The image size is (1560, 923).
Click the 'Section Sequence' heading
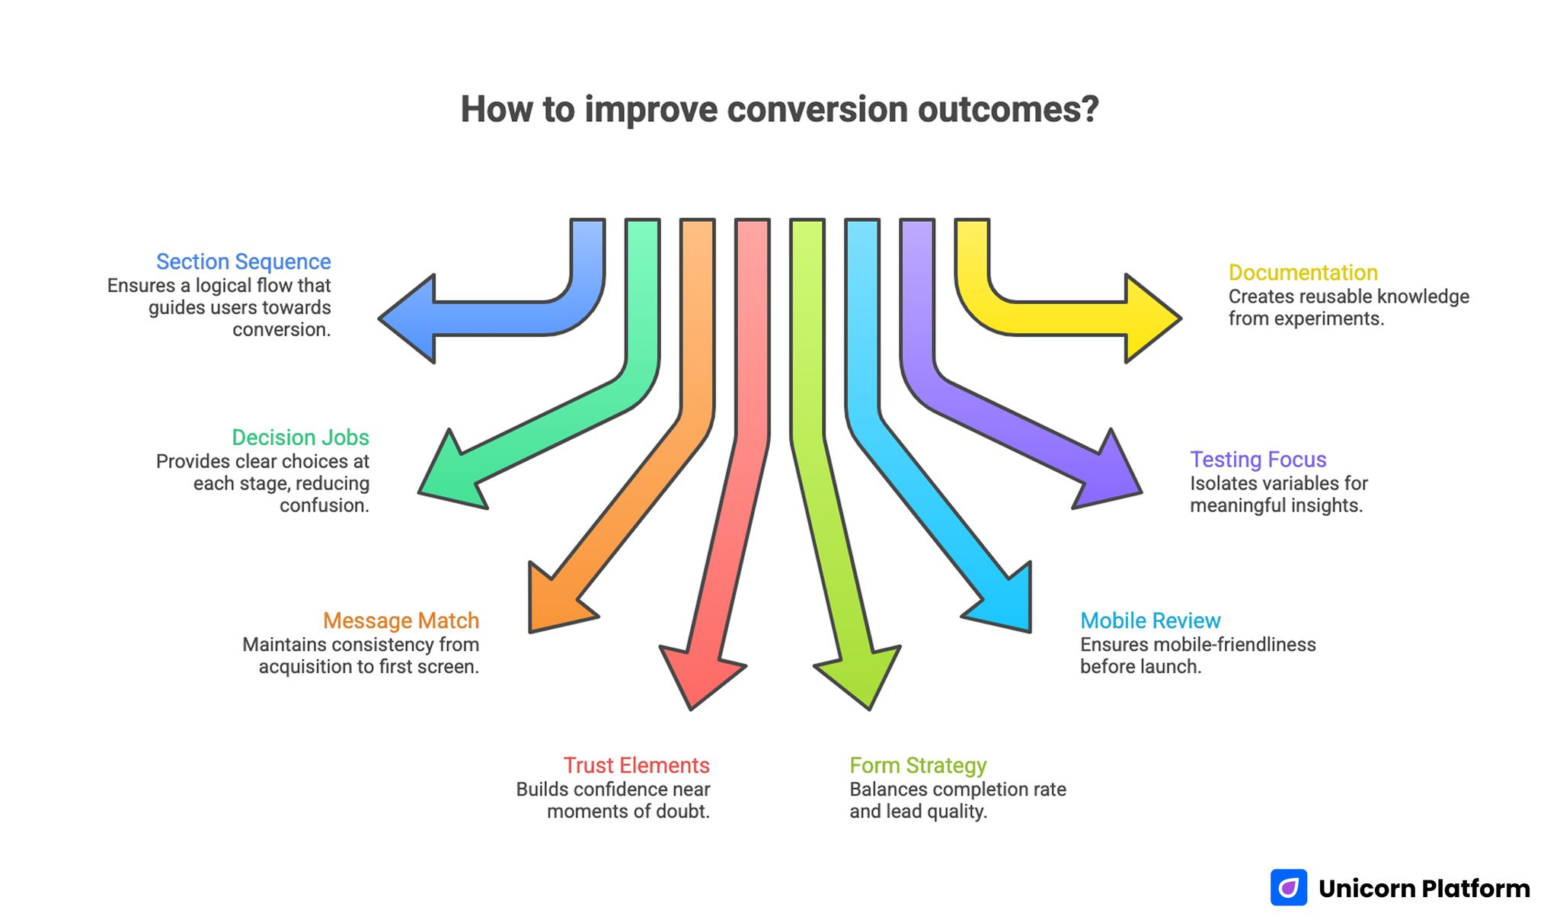pyautogui.click(x=243, y=261)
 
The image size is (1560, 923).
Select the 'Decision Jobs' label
pyautogui.click(x=300, y=437)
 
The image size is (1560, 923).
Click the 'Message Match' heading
pyautogui.click(x=401, y=620)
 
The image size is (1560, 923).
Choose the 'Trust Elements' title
pyautogui.click(x=636, y=765)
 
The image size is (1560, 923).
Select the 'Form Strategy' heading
pyautogui.click(x=918, y=765)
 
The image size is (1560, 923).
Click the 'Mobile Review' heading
pyautogui.click(x=1150, y=620)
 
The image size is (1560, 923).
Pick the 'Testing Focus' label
pyautogui.click(x=1258, y=460)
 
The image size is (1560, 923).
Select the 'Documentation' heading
pyautogui.click(x=1303, y=273)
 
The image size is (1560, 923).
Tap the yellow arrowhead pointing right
pyautogui.click(x=1150, y=318)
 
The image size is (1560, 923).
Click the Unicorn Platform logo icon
pyautogui.click(x=1288, y=888)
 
